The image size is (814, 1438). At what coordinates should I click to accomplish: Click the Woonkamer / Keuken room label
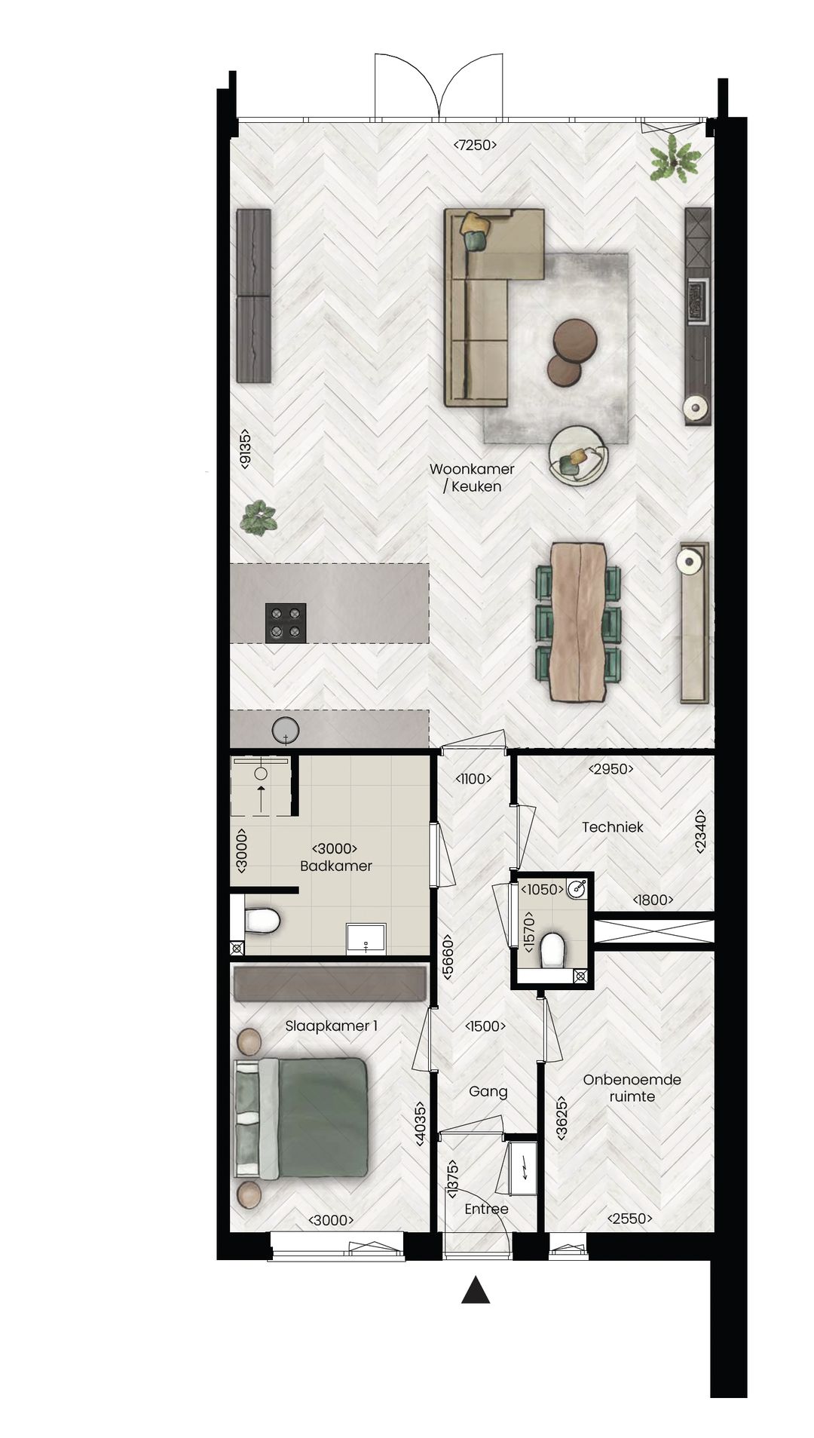(472, 477)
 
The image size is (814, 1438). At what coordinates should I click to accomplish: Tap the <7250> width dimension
(475, 146)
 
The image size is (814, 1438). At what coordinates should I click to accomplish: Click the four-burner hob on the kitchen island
(286, 623)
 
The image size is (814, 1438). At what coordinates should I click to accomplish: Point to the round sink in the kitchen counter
(286, 731)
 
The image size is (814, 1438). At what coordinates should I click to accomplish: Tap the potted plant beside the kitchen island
(259, 519)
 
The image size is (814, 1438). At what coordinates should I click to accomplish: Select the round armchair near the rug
(578, 455)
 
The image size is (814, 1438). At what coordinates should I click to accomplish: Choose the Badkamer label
(336, 866)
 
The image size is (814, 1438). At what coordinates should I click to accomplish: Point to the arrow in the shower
(261, 798)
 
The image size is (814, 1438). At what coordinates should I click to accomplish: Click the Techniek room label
(612, 826)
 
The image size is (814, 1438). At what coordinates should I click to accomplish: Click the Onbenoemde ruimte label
(632, 1087)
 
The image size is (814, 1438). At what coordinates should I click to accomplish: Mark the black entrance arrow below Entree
(476, 1290)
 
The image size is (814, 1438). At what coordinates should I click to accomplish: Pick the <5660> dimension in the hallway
(448, 958)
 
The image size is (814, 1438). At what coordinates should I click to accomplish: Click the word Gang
(488, 1091)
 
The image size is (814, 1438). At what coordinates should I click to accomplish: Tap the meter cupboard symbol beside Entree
(522, 1169)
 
